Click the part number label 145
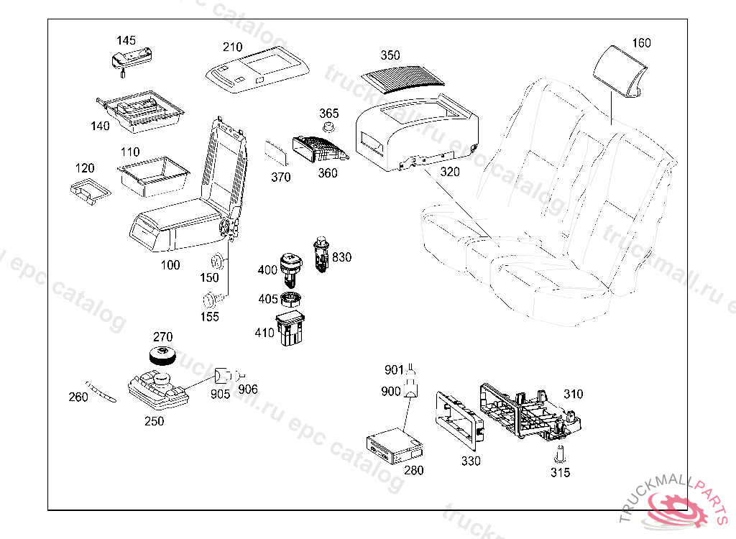pyautogui.click(x=126, y=40)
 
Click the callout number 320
pyautogui.click(x=449, y=172)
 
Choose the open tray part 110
pyautogui.click(x=152, y=175)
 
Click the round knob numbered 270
pyautogui.click(x=163, y=356)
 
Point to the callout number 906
pyautogui.click(x=248, y=389)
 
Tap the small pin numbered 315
pyautogui.click(x=560, y=454)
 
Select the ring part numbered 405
pyautogui.click(x=292, y=299)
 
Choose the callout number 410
pyautogui.click(x=264, y=333)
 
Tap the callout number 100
pyautogui.click(x=170, y=265)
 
